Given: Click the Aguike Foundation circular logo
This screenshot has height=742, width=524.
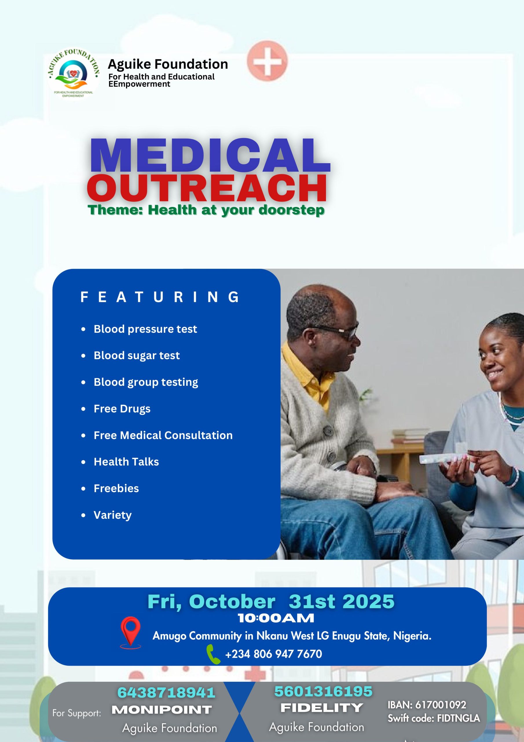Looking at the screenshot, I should pos(74,75).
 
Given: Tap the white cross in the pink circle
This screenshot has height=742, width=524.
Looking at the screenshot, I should pos(267,61).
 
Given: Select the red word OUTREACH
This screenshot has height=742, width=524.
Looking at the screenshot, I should pos(207,188).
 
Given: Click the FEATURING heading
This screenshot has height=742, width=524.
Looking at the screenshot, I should pos(160,297).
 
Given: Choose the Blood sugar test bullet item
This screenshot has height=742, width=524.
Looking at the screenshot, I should pos(137,355).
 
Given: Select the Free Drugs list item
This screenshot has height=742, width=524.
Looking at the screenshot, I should pos(122,409).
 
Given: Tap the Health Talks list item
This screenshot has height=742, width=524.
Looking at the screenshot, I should pos(126,462).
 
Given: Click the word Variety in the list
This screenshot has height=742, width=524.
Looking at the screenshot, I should pos(113,515).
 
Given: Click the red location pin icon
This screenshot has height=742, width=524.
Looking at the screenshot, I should pos(131,631).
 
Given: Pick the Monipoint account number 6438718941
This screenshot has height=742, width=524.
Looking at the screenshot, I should pos(166,692).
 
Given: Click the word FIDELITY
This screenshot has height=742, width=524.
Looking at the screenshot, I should pos(322,708).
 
